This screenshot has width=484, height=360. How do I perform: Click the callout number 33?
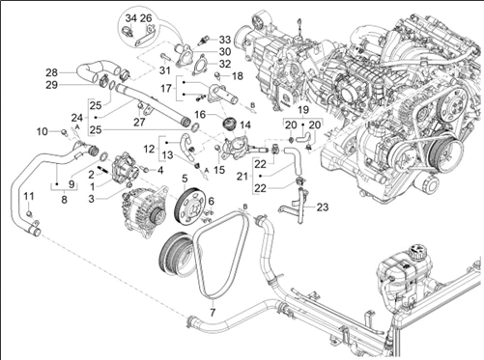coord(225,40)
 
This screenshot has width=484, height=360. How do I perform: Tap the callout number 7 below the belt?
coord(213,313)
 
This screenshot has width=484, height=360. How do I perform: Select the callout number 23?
coord(322,208)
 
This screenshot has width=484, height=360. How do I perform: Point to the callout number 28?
coord(52,72)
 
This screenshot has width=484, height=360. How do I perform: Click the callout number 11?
coord(29,196)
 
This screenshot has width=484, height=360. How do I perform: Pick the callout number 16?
coord(200,115)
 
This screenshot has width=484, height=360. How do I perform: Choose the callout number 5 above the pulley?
coord(185,179)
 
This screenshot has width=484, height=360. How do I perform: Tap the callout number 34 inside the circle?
coord(131,18)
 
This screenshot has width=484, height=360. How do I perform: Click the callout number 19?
coord(303,110)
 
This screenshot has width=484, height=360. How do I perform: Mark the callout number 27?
coord(139,123)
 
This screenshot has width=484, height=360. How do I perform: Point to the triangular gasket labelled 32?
coord(200,66)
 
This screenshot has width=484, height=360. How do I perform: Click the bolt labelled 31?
coord(164,57)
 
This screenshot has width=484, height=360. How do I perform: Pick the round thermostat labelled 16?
coord(230,124)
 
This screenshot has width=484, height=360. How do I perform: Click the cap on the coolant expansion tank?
coord(418,252)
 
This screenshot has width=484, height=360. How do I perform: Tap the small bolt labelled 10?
coord(64,131)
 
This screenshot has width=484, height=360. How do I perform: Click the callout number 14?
coord(245,125)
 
